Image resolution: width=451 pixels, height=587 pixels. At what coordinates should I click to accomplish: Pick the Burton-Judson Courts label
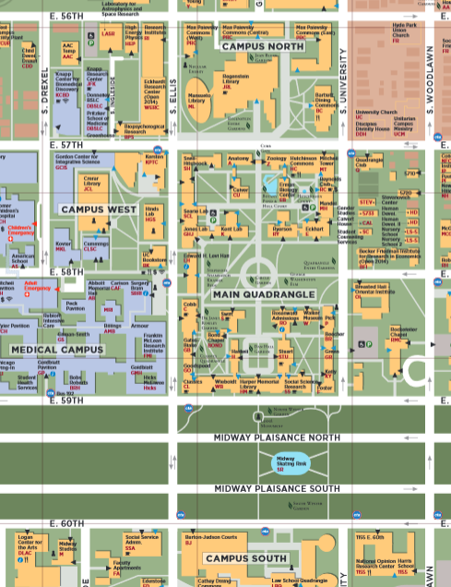click(x=210, y=536)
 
